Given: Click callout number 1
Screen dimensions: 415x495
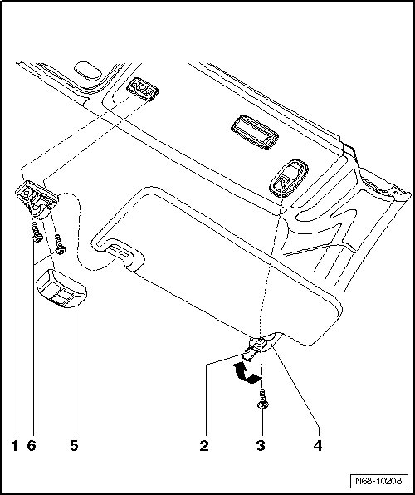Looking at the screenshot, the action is click(x=14, y=446).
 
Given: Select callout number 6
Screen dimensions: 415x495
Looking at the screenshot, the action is click(x=32, y=446).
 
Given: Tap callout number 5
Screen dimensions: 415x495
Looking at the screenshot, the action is click(x=74, y=446).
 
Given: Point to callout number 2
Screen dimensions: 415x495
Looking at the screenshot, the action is click(x=204, y=446).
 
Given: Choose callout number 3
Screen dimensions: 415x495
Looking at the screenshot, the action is click(x=261, y=446).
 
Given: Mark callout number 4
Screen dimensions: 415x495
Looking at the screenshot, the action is click(x=318, y=446).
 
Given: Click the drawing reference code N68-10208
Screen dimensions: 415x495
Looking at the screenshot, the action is click(x=378, y=481).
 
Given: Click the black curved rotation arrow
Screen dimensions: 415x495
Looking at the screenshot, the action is click(x=245, y=373).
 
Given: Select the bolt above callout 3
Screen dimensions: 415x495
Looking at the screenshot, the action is click(x=262, y=399).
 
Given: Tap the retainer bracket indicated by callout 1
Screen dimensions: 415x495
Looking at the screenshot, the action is click(x=37, y=199).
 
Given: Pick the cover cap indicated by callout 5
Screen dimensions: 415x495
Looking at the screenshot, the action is click(x=62, y=289).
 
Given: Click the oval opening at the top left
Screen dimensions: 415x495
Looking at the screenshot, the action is click(x=88, y=71).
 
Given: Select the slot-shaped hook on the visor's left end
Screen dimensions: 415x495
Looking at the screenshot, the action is click(x=119, y=252).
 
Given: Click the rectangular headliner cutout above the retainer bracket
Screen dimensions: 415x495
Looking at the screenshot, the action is click(x=142, y=89).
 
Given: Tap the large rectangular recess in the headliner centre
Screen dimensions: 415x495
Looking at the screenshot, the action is click(x=255, y=132).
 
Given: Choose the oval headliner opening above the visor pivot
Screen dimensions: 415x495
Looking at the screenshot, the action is click(x=289, y=179).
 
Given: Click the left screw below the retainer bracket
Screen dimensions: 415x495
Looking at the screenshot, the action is click(x=37, y=232).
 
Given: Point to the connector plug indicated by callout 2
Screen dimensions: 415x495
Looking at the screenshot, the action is click(x=249, y=354).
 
